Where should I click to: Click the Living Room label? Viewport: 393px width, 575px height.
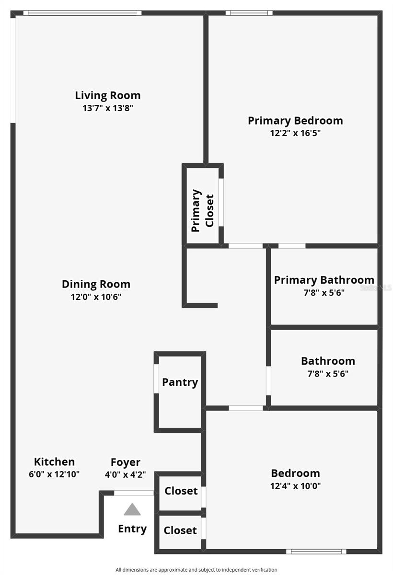108,95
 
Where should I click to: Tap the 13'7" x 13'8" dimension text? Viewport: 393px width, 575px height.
108,108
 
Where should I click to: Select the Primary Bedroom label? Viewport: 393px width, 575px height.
295,120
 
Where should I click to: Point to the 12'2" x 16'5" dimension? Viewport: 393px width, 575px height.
295,133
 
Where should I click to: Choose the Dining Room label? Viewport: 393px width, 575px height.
96,284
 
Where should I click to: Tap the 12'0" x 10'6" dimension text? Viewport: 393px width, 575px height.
96,297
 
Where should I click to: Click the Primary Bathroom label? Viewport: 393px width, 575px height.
324,280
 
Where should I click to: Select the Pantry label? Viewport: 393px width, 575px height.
180,382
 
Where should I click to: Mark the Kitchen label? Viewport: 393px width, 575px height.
54,462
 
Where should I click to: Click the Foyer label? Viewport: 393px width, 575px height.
126,462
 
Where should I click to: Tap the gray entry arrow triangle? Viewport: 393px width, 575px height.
132,509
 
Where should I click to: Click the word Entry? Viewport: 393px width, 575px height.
132,529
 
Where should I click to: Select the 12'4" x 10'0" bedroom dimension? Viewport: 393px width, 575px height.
295,486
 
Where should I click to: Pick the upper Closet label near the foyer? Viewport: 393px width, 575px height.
181,491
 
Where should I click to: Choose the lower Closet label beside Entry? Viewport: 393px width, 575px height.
180,530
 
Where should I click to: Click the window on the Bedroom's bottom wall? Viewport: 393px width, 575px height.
316,552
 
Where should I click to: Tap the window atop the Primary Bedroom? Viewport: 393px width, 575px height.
249,13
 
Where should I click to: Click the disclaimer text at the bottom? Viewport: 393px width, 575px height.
196,570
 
